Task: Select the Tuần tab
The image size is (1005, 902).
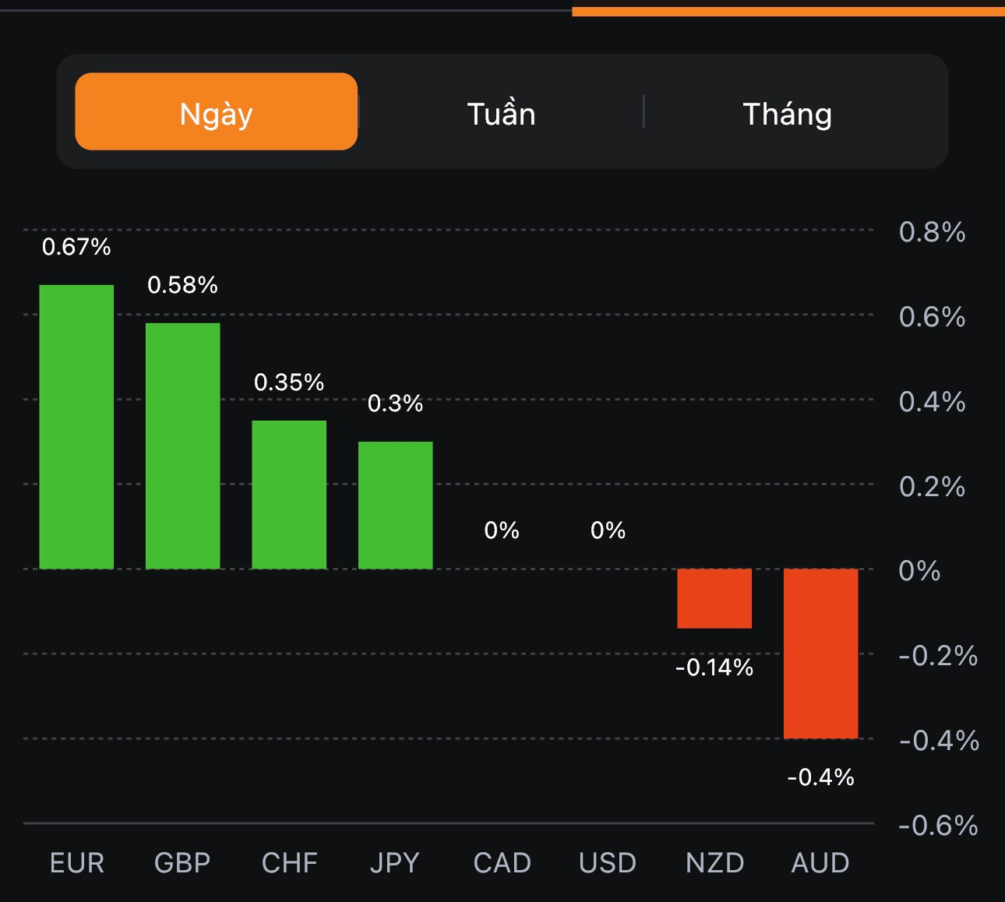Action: (501, 114)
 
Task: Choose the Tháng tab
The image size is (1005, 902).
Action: (787, 114)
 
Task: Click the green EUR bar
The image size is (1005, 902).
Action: (76, 427)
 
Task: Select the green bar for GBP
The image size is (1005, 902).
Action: (183, 446)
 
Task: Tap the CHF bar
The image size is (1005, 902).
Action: (289, 495)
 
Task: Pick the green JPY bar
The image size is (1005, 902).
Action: (395, 505)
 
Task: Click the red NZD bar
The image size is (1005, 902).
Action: (714, 598)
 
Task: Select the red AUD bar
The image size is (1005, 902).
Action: (820, 653)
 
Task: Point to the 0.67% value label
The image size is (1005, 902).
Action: (76, 247)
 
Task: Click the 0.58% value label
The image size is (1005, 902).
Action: (183, 285)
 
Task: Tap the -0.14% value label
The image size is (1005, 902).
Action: (714, 668)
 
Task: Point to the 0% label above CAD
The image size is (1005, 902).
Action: (502, 530)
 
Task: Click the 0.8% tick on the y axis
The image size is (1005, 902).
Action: (932, 232)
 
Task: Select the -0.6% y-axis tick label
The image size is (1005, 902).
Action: (938, 826)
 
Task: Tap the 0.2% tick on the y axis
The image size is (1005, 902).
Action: (932, 487)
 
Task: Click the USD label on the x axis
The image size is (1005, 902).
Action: (608, 863)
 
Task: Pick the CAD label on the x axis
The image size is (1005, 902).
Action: (502, 863)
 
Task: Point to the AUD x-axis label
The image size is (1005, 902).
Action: (820, 863)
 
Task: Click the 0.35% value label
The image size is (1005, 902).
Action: (289, 382)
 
